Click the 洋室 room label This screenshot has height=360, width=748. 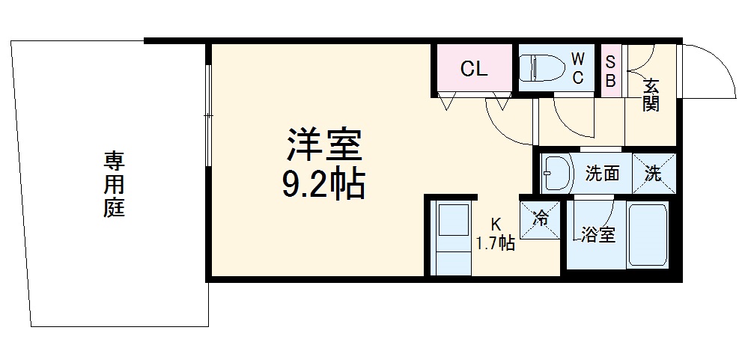(x=324, y=145)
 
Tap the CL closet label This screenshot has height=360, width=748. (x=473, y=70)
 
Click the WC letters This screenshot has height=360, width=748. (x=577, y=68)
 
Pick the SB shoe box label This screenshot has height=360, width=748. (x=610, y=70)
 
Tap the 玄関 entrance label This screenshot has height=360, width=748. (x=651, y=95)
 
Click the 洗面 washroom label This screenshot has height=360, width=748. (x=602, y=174)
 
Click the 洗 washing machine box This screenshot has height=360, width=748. (x=654, y=174)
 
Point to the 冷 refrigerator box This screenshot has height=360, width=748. (x=541, y=219)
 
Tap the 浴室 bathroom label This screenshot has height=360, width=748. (x=598, y=234)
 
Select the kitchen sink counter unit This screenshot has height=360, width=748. (x=452, y=237)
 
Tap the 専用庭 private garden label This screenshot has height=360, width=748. (x=114, y=184)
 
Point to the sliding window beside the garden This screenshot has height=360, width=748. (x=209, y=116)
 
